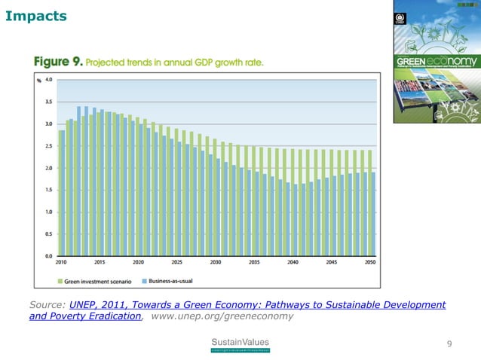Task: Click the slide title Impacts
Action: [x=35, y=16]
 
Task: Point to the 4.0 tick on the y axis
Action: [x=48, y=79]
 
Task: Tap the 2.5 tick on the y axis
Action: [x=48, y=145]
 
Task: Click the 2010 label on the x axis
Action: [x=61, y=263]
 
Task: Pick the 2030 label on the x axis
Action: [x=216, y=263]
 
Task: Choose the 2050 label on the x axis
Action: [x=369, y=263]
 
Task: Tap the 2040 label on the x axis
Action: [x=293, y=263]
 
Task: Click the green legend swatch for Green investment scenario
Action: [x=60, y=281]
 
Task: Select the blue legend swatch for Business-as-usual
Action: [x=142, y=281]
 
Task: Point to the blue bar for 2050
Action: [x=372, y=214]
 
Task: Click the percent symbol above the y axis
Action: [x=38, y=80]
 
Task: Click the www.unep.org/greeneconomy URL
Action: [x=222, y=317]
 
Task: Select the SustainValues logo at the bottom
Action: [x=239, y=345]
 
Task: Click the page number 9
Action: [x=449, y=344]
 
